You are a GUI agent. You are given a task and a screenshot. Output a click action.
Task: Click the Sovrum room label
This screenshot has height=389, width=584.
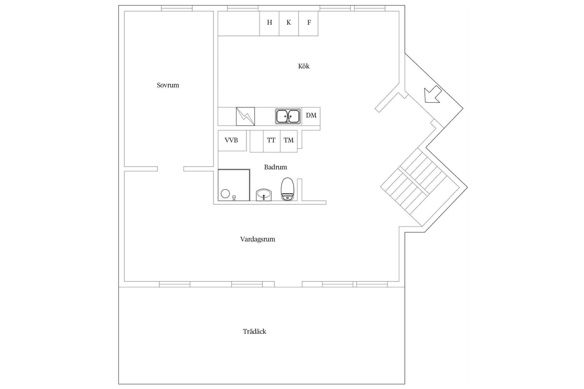[168, 85]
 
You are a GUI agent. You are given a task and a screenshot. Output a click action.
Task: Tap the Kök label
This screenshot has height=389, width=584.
[304, 66]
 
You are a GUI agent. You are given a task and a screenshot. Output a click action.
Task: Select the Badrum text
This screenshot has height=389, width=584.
[275, 167]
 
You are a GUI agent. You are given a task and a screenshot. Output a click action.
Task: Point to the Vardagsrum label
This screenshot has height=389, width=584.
[257, 239]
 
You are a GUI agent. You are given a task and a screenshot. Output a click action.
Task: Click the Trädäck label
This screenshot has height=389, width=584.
[254, 331]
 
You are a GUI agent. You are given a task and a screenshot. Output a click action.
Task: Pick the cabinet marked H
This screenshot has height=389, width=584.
[269, 23]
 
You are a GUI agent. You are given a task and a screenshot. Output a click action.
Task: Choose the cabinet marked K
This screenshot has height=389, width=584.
[289, 23]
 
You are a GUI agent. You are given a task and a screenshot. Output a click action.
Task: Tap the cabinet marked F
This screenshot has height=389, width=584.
[308, 23]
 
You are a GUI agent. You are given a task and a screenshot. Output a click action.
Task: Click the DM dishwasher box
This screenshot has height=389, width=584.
[311, 116]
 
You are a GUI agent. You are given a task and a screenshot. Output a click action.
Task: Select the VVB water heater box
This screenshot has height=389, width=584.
[232, 141]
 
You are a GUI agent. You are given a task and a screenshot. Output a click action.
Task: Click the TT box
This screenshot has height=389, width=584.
[272, 141]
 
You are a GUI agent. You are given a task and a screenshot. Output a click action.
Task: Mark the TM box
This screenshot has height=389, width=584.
[289, 141]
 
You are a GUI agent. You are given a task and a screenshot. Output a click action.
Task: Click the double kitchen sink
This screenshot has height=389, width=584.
[288, 116]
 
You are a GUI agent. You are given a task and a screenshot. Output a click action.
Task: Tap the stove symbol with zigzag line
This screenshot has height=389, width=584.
[245, 116]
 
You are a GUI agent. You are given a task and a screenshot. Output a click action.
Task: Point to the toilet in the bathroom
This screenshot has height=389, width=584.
[287, 189]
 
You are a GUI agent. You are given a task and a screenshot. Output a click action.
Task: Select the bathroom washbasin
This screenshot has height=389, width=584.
[264, 195]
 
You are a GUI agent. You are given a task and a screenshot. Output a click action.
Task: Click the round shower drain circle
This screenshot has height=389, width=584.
[225, 194]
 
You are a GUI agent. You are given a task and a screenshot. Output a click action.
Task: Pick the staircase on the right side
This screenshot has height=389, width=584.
[424, 187]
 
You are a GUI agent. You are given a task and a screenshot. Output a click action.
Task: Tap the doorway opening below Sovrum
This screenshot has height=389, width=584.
[171, 169]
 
